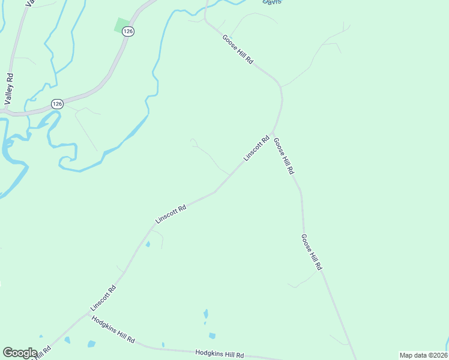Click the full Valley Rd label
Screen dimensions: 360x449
click(9, 89)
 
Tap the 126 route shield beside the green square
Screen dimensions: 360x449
click(127, 31)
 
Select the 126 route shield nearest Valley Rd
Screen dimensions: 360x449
click(57, 104)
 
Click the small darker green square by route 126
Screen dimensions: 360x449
click(121, 26)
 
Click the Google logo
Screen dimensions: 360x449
click(20, 353)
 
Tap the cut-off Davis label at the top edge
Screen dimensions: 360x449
click(272, 2)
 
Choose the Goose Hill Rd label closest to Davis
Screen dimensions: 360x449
click(238, 49)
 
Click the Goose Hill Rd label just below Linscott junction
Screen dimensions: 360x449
click(284, 156)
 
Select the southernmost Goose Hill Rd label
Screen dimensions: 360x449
click(312, 252)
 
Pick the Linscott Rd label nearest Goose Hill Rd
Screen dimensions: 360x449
click(256, 148)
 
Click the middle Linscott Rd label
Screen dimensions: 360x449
click(171, 214)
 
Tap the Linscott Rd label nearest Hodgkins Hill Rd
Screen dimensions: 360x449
click(103, 298)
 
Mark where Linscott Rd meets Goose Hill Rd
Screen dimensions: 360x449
click(273, 133)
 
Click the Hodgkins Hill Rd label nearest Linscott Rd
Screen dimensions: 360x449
click(113, 329)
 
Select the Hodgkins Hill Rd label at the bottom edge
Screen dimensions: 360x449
click(220, 355)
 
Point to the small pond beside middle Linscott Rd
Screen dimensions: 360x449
click(148, 244)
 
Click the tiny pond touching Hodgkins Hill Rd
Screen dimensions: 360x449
click(163, 345)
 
